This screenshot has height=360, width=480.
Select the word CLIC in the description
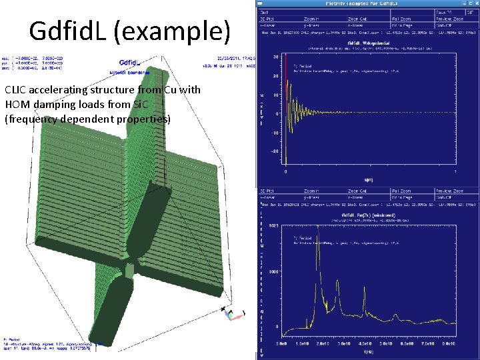[x=16, y=90]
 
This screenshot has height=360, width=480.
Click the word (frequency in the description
[x=32, y=119]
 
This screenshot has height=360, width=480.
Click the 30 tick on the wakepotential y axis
[x=275, y=57]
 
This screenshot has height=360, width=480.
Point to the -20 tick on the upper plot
[x=274, y=151]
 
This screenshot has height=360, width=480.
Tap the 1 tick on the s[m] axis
[x=456, y=172]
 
